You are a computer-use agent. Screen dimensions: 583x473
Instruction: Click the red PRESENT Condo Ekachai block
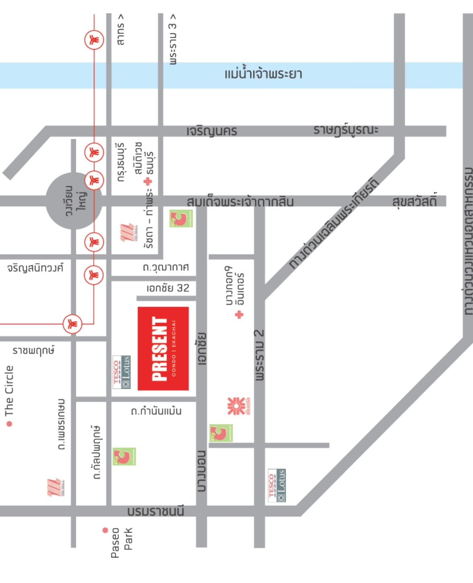pos(163,348)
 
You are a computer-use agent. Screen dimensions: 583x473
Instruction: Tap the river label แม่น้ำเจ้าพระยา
pos(263,74)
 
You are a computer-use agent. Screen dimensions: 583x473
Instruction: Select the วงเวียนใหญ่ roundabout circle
pos(74,201)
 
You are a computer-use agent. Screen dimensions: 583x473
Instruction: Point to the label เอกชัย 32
pos(168,288)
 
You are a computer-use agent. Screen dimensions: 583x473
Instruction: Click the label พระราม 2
pos(259,355)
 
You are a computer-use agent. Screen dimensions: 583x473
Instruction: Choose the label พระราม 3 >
pos(173,39)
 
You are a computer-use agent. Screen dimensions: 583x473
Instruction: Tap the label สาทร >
pos(120,29)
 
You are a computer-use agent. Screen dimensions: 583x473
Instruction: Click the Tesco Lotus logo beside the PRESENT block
pos(121,372)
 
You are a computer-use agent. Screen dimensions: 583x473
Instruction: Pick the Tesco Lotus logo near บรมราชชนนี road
pos(277,485)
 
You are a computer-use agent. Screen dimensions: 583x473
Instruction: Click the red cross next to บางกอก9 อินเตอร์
pos(239,314)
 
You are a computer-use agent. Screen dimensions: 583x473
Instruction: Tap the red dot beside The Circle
pos(9,424)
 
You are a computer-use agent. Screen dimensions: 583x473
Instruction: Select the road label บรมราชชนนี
pos(156,511)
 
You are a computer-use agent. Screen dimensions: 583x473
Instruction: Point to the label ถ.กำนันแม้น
pos(156,411)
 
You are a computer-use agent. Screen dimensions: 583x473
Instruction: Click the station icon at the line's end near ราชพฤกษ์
pos(72,324)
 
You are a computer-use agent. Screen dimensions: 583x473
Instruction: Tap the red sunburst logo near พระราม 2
pos(236,406)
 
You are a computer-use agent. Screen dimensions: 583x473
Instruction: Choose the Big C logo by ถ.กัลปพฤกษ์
pos(124,456)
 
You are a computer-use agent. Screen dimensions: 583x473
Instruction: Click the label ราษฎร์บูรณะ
pos(345,130)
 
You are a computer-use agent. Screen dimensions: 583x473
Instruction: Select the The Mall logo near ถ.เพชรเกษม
pos(55,487)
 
